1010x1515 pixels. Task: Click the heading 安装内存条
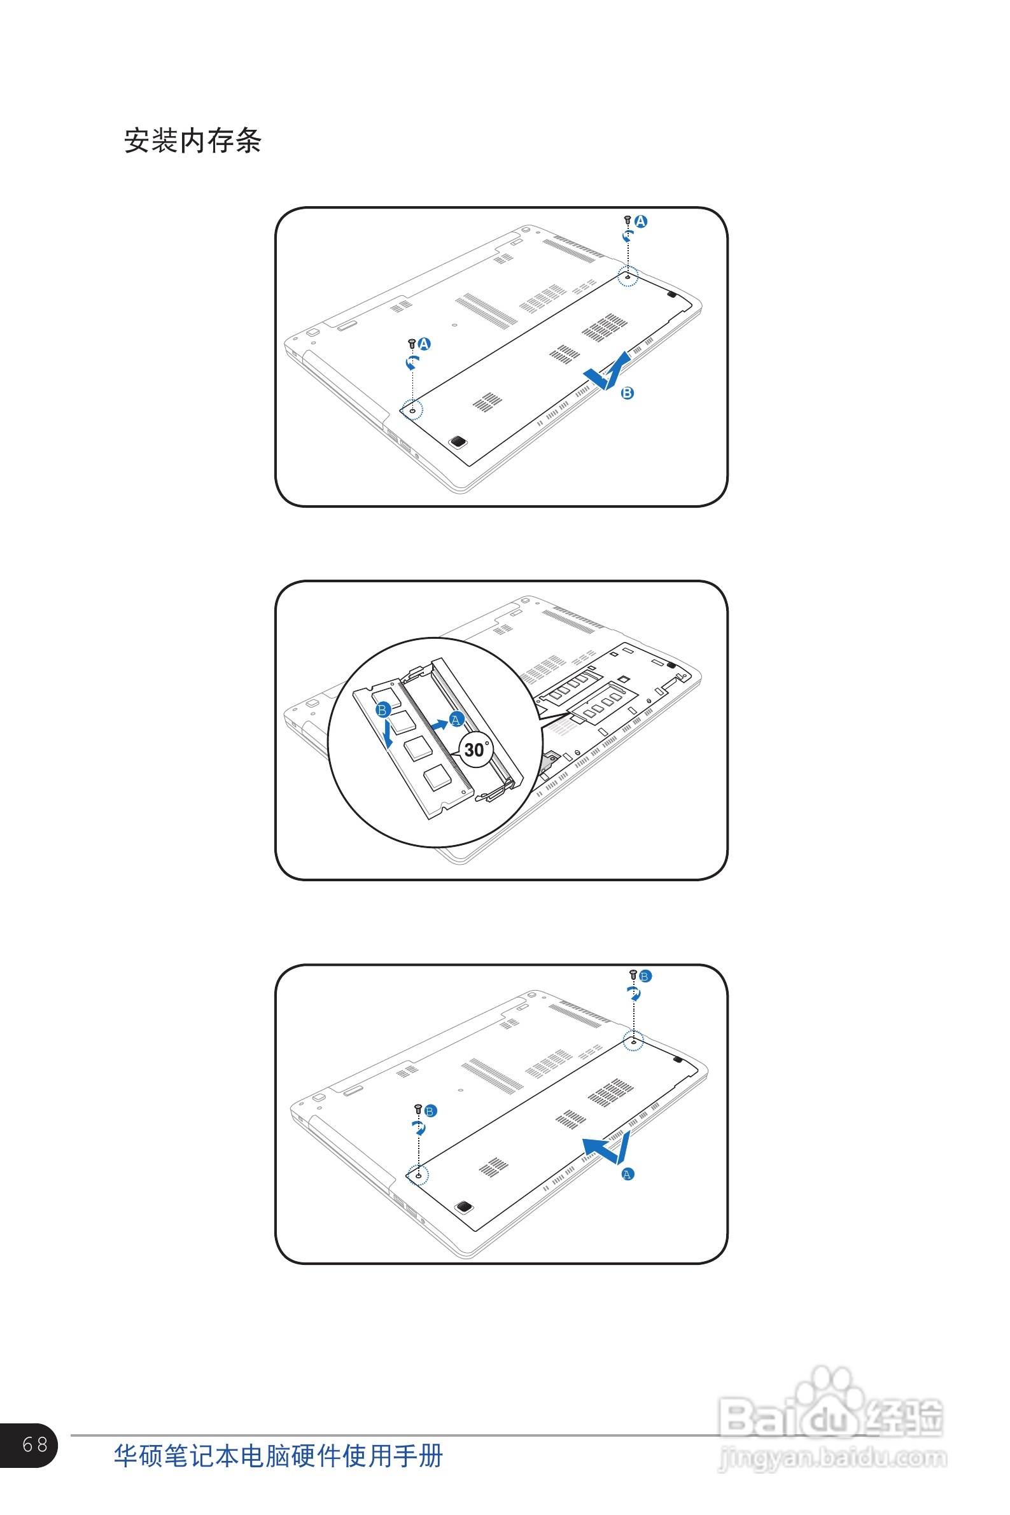(193, 141)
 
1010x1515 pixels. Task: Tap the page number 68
(35, 1444)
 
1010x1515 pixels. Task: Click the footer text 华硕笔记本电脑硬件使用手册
(278, 1456)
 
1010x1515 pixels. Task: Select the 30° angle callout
(477, 750)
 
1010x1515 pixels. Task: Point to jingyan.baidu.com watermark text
(832, 1457)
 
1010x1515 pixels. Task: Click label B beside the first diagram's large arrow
(627, 393)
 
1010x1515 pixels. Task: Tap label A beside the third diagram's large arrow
(628, 1174)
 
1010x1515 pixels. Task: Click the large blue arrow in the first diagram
(607, 372)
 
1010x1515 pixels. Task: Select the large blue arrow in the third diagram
(606, 1147)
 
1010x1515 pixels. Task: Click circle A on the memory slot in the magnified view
(456, 719)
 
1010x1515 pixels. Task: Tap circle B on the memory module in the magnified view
(382, 709)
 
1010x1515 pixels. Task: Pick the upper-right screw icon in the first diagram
(628, 220)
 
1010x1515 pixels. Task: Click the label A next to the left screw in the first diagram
(424, 344)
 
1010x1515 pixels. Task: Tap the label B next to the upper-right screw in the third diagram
(645, 976)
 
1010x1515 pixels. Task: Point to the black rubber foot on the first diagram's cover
(458, 441)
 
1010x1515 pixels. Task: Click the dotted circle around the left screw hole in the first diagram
(412, 410)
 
